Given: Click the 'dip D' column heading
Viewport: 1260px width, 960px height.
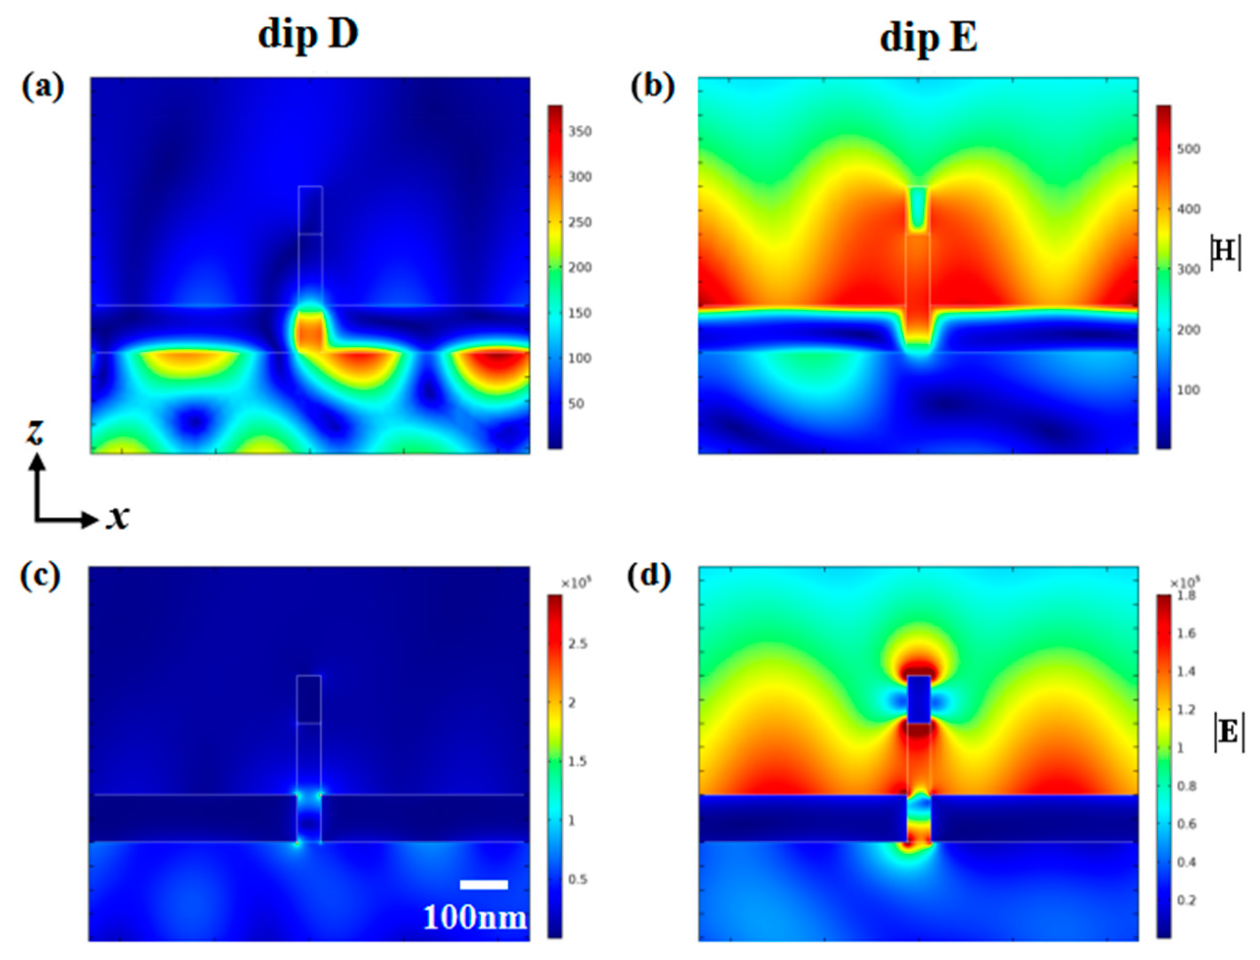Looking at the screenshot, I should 308,35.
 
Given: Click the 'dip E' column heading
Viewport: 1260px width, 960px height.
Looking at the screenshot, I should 928,39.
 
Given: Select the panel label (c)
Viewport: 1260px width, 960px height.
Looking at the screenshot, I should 41,577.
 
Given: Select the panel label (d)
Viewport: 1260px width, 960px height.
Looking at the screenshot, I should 649,577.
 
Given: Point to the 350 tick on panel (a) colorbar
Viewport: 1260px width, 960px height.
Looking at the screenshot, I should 580,131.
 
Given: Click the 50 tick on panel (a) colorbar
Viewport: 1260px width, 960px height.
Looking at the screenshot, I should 577,404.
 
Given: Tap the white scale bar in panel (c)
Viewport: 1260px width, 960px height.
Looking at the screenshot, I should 484,884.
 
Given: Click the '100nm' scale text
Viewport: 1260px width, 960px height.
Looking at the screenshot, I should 474,917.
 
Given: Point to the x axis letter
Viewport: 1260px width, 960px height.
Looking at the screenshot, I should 117,517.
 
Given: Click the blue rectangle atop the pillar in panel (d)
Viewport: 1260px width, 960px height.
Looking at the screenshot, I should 919,699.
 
